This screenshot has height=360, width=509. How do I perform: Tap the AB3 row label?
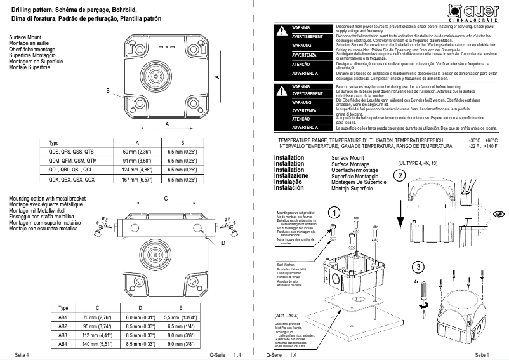click(x=63, y=335)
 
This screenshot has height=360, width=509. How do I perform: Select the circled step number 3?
click(x=417, y=267)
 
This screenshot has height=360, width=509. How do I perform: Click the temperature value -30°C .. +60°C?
click(x=483, y=140)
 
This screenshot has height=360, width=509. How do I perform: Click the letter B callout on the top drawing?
click(x=108, y=91)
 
